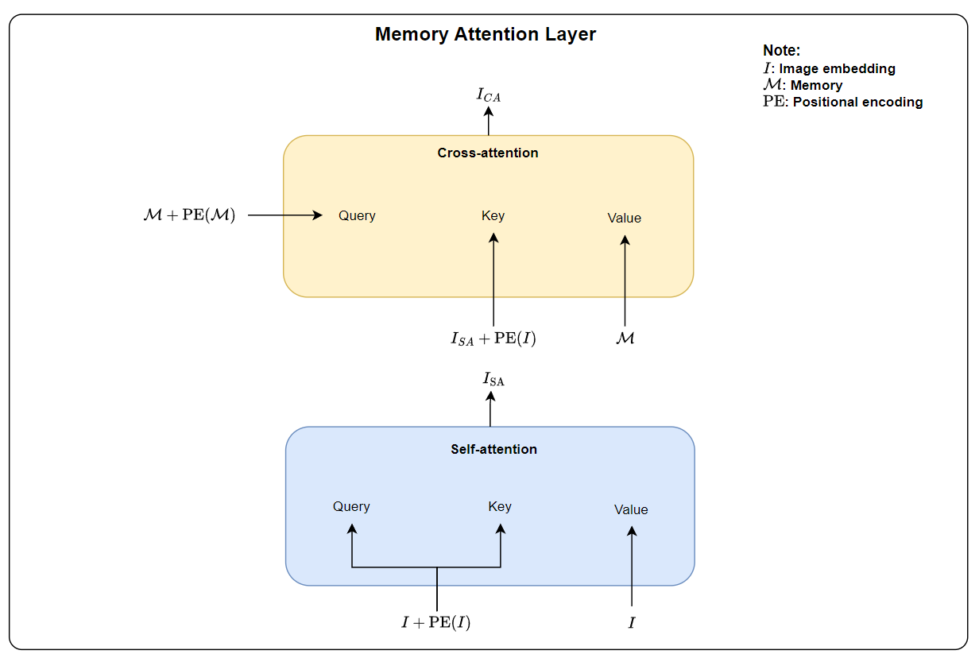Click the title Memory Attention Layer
click(x=486, y=35)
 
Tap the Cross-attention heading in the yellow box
click(x=488, y=153)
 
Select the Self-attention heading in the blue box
click(x=493, y=449)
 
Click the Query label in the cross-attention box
click(x=357, y=215)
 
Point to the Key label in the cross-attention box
click(x=493, y=215)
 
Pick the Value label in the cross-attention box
click(x=624, y=218)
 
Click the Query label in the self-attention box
click(x=351, y=506)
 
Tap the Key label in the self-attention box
click(x=500, y=506)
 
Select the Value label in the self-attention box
click(x=631, y=509)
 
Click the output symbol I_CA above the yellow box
click(x=489, y=95)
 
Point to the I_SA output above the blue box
click(x=493, y=380)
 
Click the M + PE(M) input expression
click(x=189, y=215)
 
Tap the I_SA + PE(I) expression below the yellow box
click(x=493, y=339)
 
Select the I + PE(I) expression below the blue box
click(x=435, y=623)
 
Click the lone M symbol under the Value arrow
click(x=625, y=339)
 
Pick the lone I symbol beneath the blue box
click(x=632, y=623)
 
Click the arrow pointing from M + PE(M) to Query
click(x=284, y=215)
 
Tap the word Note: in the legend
click(x=782, y=51)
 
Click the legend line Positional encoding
click(x=843, y=102)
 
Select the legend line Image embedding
click(x=830, y=68)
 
